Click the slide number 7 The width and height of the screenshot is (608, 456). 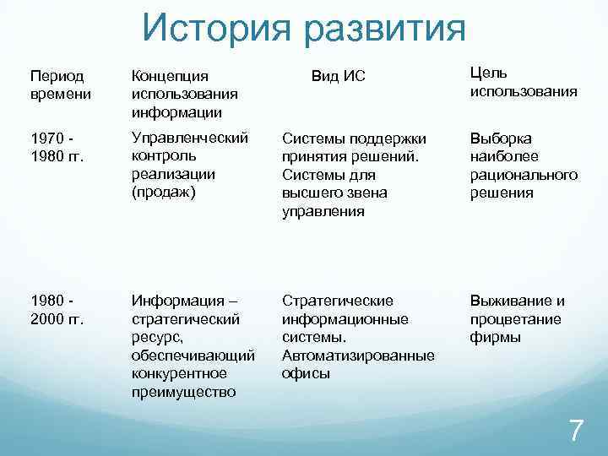[576, 430]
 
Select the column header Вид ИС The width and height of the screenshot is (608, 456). [339, 77]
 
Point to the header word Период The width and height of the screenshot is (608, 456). [53, 76]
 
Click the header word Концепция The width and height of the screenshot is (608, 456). [169, 76]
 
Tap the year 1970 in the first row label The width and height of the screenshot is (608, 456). [47, 137]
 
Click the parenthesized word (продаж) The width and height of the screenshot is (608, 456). [163, 193]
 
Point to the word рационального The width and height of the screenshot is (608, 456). [524, 174]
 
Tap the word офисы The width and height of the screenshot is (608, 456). [306, 373]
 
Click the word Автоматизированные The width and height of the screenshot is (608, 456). [358, 356]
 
